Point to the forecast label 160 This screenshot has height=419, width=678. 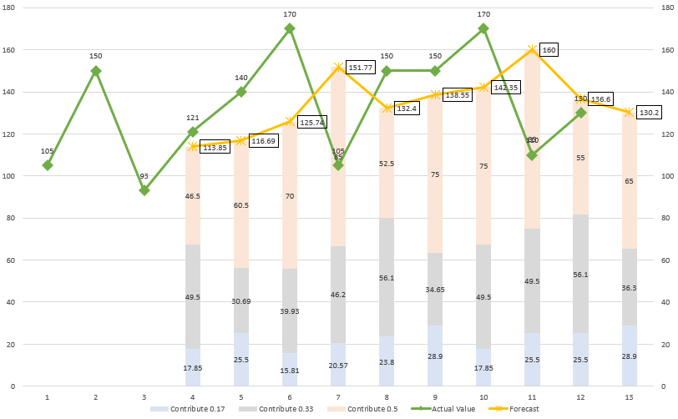pos(549,49)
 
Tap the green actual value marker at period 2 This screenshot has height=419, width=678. pos(96,71)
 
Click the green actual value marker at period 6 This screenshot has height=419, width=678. pos(290,28)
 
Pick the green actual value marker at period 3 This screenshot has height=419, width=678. pos(144,190)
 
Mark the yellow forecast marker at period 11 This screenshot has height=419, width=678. pos(532,50)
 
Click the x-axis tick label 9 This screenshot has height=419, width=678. pos(435,396)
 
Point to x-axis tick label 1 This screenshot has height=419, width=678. pos(48,396)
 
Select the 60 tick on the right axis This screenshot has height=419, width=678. pos(665,260)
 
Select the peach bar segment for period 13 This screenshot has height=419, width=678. pos(629,180)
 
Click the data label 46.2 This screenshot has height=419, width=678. pos(338,295)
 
